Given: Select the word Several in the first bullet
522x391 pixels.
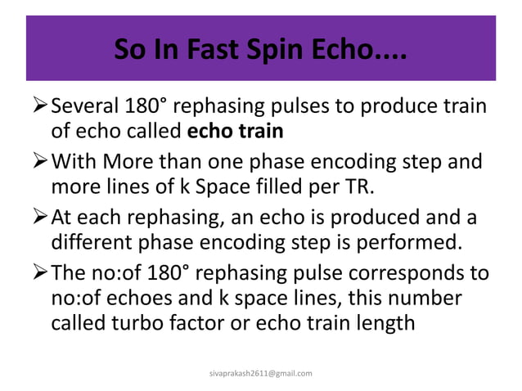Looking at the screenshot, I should (85, 107).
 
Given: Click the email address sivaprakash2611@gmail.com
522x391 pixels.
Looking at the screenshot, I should (261, 373).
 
